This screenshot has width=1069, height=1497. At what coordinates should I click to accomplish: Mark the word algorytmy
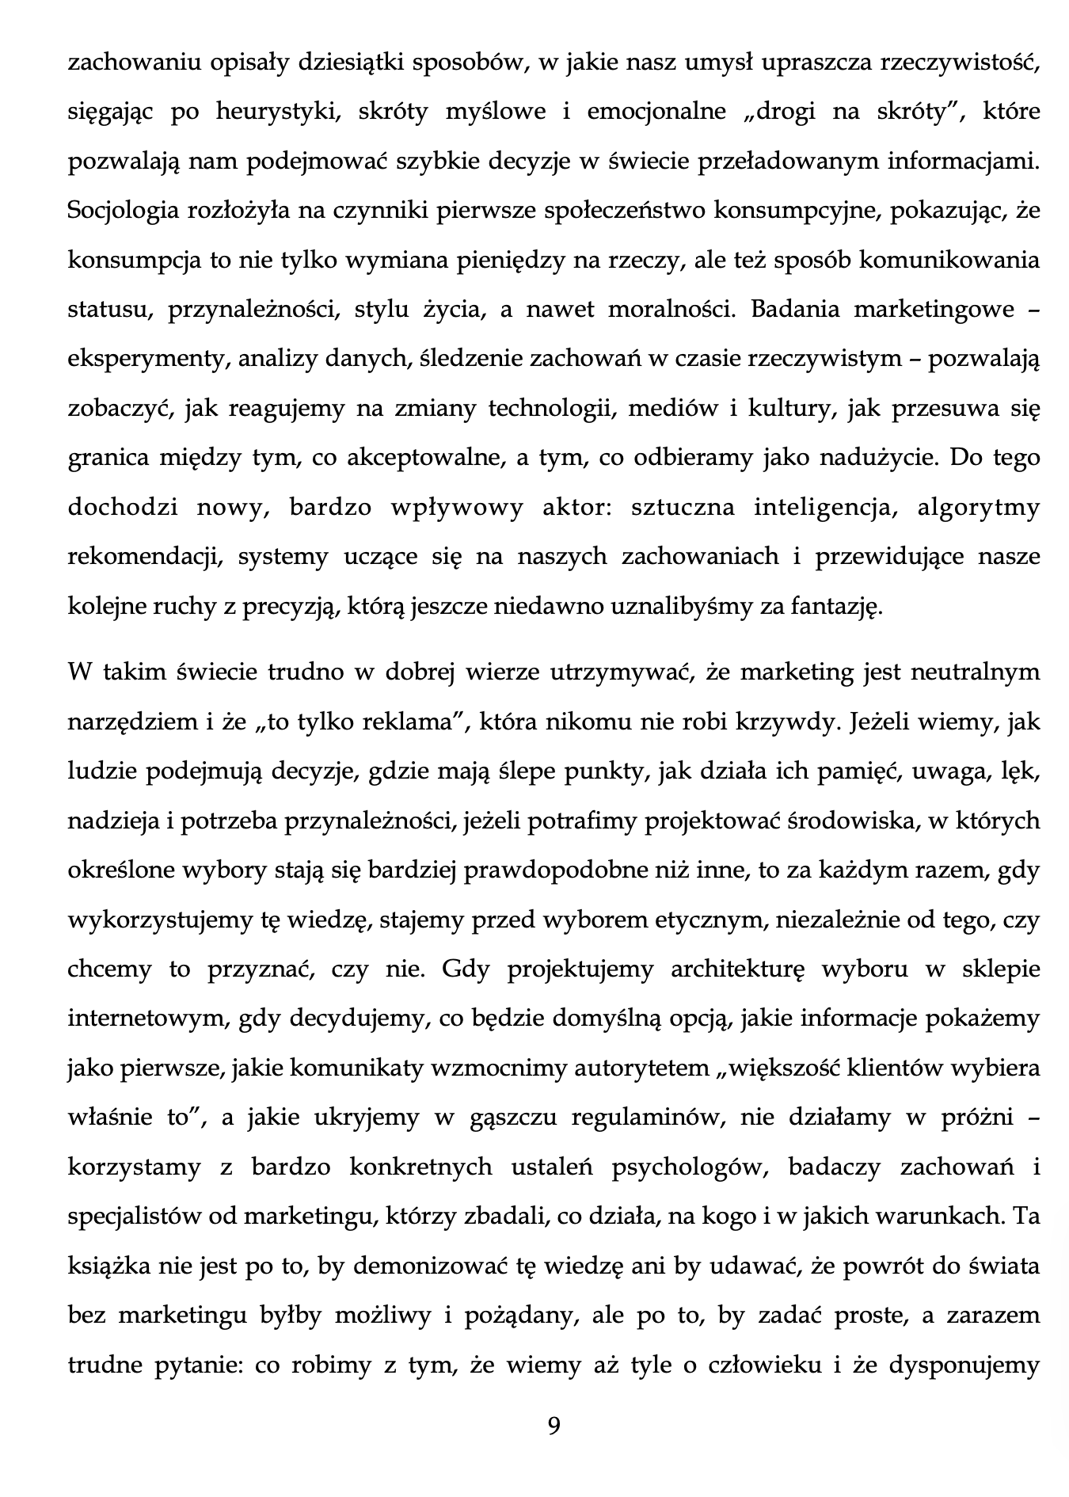pos(978,507)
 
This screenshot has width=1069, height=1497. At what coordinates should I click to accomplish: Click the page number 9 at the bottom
pos(554,1427)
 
